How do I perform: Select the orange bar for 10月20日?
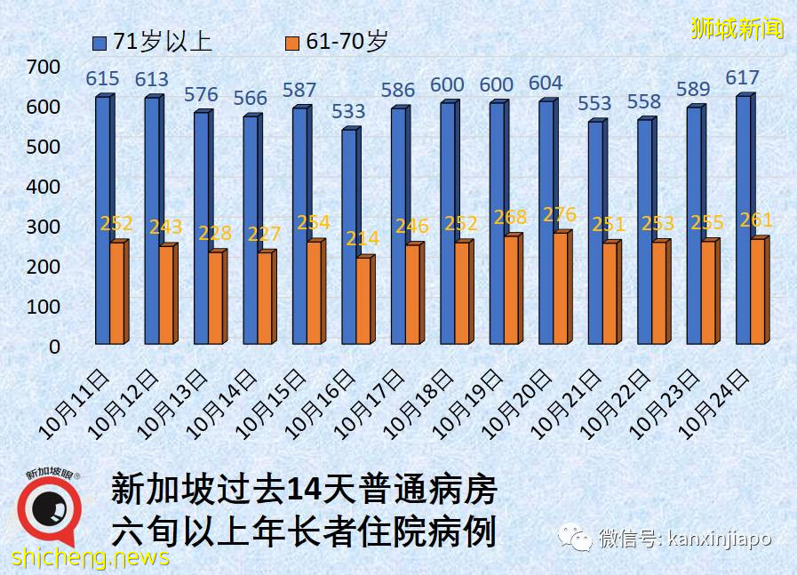tap(560, 288)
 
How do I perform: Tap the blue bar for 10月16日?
tap(349, 236)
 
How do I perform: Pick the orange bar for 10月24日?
tap(757, 291)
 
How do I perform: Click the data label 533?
tap(349, 111)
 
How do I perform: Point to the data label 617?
tap(743, 78)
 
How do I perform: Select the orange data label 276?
tap(560, 214)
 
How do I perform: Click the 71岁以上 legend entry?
tap(151, 41)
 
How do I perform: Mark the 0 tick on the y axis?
tap(55, 347)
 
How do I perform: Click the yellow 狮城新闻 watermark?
tap(737, 28)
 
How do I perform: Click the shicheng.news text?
tap(90, 558)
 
